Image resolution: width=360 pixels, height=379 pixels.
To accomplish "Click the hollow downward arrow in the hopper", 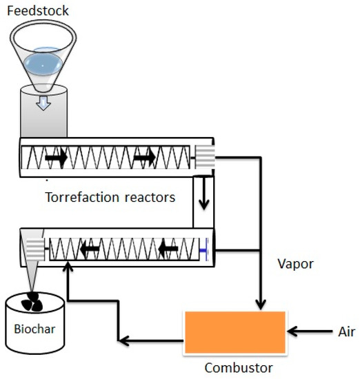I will [43, 103].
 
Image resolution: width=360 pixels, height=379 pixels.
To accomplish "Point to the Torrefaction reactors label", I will [110, 197].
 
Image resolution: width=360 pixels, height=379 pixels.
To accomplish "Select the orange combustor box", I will [234, 332].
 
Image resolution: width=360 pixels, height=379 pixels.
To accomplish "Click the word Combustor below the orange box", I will [234, 367].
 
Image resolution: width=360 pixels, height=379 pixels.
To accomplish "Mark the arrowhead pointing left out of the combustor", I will [122, 340].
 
